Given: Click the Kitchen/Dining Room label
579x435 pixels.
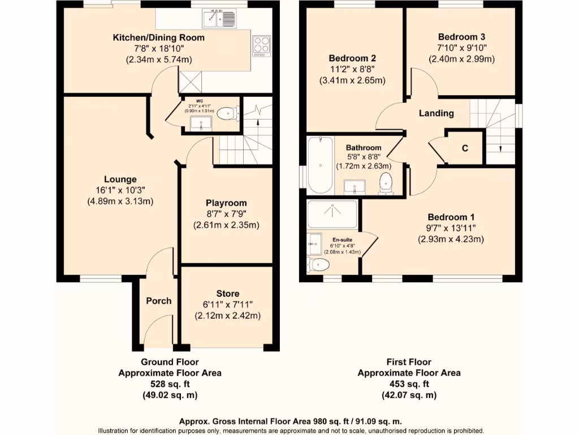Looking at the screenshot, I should pos(159,38).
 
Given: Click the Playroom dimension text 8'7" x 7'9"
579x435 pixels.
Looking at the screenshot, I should pos(226,214).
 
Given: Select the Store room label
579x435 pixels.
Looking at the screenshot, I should pos(227,293).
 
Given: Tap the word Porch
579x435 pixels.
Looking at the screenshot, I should pos(158,301).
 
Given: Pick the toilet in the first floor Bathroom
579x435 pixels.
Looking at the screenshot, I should pos(386,184).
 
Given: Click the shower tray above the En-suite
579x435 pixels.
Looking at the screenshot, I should pos(332,214).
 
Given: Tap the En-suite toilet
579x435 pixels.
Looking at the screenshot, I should pos(319,264).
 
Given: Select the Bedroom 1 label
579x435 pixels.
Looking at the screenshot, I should pos(451,217).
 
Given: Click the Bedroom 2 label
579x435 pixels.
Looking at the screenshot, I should pos(352,58).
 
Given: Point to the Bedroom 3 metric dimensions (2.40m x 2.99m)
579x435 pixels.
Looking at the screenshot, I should pos(461,58).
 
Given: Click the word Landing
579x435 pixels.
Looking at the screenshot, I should pos(436,113).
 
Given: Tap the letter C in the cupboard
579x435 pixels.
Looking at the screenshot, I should pos(465,148).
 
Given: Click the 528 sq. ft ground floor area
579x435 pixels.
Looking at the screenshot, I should pos(169,384).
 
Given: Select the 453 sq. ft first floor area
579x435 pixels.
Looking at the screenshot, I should pos(408,384).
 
